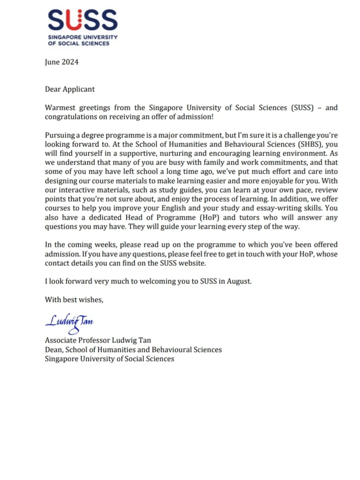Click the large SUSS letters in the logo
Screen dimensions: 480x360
[83, 20]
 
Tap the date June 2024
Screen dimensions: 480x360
[61, 62]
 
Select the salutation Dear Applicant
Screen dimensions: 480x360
[70, 89]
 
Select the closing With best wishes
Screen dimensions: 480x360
[74, 300]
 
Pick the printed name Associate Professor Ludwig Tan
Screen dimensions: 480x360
[98, 340]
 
